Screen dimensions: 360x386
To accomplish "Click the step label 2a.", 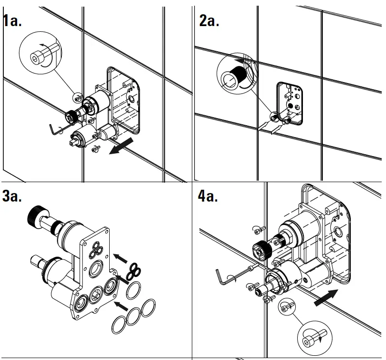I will click(x=209, y=21).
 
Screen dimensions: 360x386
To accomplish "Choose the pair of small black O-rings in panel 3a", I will click(x=134, y=270).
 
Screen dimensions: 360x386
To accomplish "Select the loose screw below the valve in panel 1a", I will click(x=94, y=149).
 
